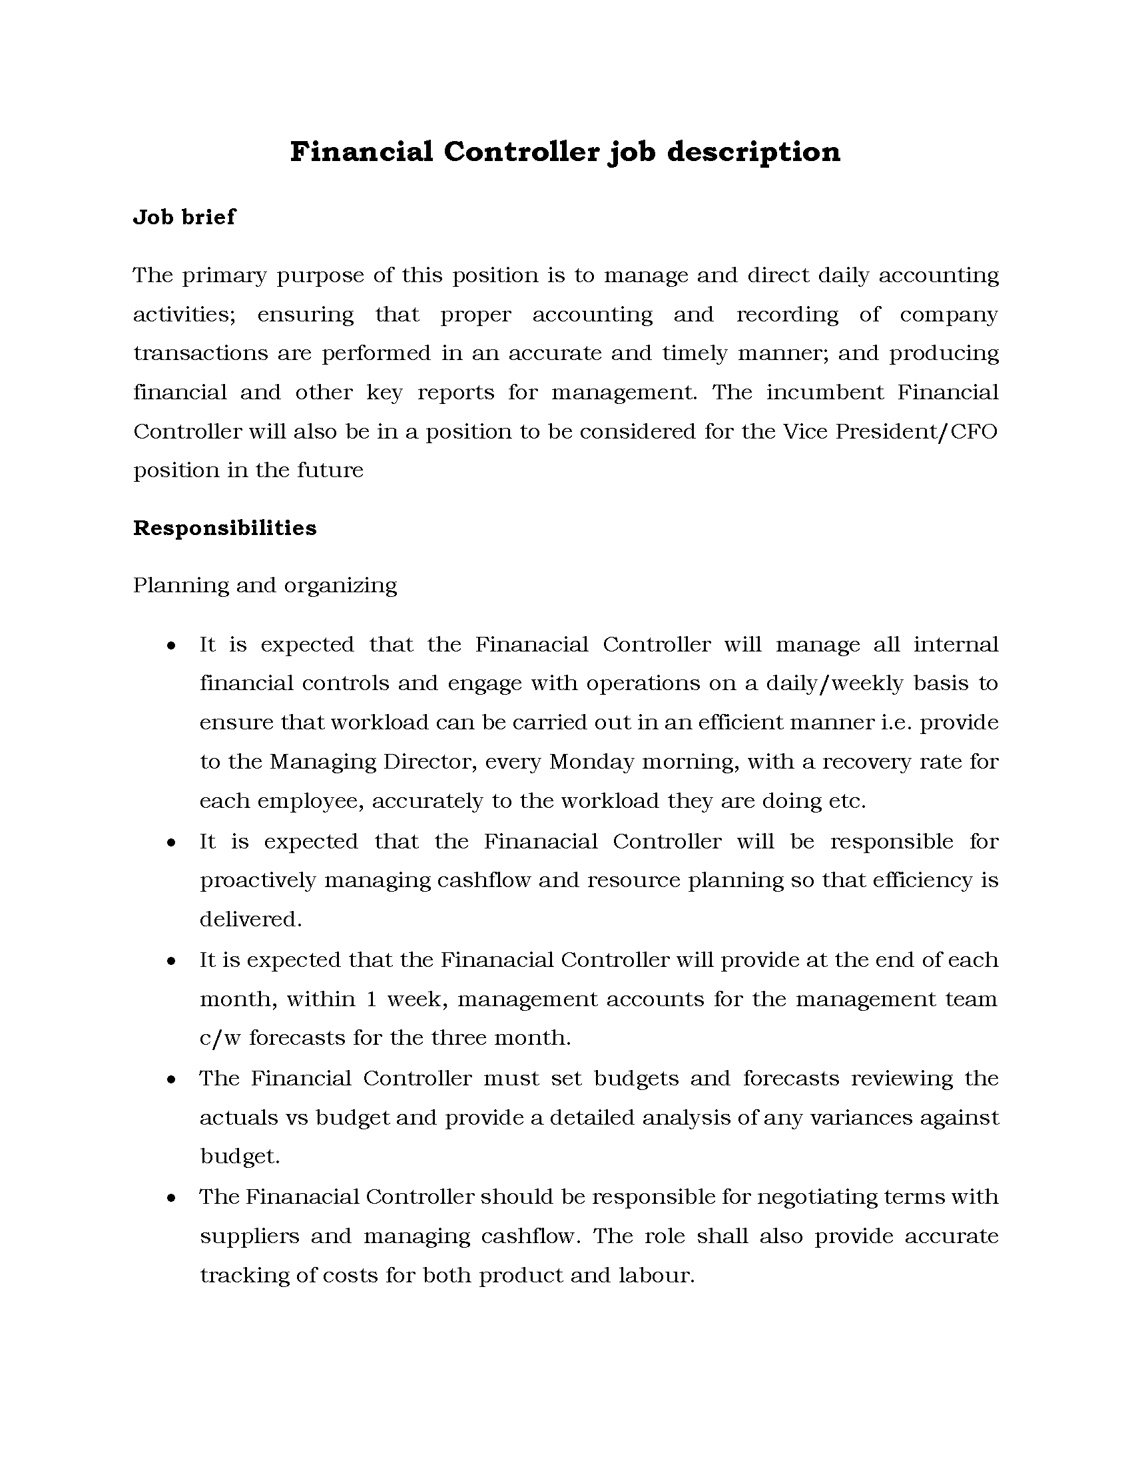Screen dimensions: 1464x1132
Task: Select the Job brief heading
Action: (x=184, y=217)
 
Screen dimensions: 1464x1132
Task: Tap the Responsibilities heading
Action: (x=224, y=528)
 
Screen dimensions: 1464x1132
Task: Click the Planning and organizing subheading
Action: (x=265, y=586)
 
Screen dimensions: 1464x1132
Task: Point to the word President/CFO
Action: (x=916, y=431)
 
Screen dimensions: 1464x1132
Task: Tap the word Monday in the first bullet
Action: (x=591, y=762)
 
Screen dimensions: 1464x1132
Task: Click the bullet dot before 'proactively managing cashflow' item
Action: (x=172, y=842)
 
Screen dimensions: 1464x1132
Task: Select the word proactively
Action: (x=258, y=880)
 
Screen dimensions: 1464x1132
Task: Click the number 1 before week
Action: (x=371, y=999)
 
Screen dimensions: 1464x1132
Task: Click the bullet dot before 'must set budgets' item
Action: (x=172, y=1080)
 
